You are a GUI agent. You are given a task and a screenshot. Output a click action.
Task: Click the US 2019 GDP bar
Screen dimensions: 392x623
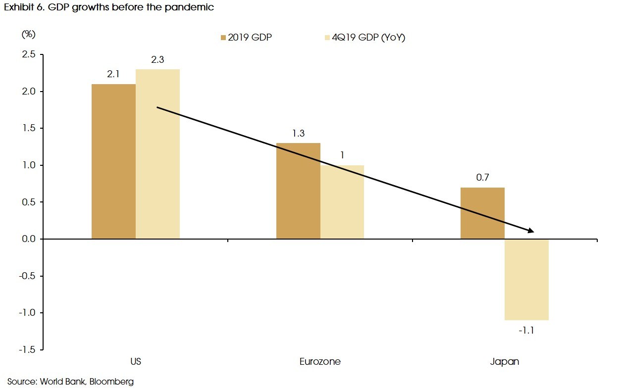click(113, 161)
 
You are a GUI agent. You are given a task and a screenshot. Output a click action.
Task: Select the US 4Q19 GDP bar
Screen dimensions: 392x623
click(157, 154)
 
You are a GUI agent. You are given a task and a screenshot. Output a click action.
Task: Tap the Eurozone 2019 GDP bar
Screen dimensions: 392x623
click(298, 191)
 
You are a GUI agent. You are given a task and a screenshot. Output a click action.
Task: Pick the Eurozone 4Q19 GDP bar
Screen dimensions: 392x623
click(342, 202)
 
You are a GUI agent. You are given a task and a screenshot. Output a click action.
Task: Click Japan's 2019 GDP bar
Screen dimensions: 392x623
click(482, 213)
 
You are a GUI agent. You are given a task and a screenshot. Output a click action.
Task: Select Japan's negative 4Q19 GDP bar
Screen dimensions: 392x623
click(526, 280)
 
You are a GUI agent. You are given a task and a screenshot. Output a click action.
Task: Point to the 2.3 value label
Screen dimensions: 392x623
click(157, 60)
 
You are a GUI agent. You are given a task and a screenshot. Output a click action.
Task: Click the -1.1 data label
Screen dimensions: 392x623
click(526, 330)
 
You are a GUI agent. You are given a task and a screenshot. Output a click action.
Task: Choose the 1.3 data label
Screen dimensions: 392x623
click(298, 134)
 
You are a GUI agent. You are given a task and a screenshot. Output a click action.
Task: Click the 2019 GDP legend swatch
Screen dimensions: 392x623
click(223, 38)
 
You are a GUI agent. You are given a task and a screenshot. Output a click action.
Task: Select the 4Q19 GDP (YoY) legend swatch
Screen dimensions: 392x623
click(327, 38)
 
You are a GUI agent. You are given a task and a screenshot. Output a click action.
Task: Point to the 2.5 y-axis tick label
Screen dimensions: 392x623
click(28, 54)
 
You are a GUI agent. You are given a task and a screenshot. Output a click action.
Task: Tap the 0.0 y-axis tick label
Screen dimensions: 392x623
click(28, 239)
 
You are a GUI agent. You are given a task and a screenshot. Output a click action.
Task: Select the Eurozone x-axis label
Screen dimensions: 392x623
click(320, 361)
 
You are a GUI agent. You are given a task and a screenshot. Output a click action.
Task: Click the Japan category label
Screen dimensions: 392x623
click(504, 361)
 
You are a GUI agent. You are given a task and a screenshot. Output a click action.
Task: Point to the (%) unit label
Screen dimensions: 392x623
click(28, 35)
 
